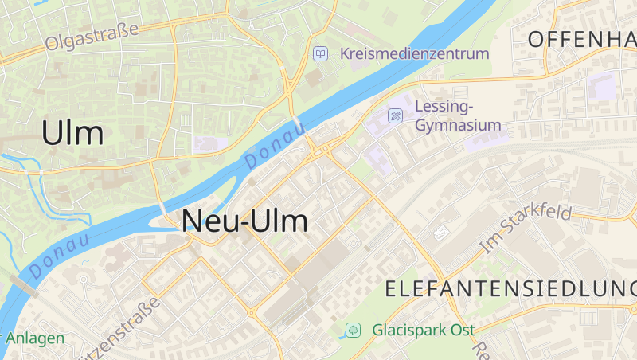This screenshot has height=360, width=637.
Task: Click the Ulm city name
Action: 72,133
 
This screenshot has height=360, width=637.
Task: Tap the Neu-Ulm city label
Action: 245,221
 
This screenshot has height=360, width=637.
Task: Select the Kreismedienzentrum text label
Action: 413,54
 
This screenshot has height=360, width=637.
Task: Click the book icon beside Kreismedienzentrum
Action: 320,54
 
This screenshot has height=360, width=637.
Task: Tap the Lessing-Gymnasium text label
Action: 458,115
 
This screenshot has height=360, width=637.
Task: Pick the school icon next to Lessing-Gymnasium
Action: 395,116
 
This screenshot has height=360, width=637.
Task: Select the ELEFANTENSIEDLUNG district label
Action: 510,289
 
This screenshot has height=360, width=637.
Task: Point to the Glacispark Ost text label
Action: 423,330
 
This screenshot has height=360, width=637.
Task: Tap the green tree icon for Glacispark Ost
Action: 353,330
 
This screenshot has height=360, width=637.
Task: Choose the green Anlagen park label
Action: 35,338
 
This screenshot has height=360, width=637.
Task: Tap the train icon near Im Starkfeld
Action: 441,233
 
